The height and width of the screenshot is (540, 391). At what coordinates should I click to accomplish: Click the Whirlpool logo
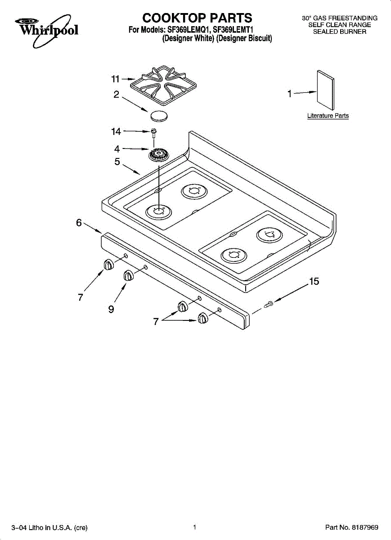point(47,30)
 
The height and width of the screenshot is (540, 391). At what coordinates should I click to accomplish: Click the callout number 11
point(116,79)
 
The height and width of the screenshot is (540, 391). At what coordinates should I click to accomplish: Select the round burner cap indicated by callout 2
point(159,116)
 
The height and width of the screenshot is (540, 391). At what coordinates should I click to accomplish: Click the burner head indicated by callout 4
point(159,155)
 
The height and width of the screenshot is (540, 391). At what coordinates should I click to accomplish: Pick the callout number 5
point(117,162)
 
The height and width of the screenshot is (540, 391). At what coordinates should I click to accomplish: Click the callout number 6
point(79,222)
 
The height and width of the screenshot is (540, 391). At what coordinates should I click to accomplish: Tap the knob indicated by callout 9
point(129,275)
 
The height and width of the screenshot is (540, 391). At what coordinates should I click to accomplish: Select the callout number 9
point(111,309)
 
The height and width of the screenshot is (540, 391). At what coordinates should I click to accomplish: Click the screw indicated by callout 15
point(269,304)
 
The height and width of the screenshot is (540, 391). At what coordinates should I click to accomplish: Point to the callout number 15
point(314,281)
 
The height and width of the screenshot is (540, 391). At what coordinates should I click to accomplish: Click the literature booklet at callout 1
point(326,90)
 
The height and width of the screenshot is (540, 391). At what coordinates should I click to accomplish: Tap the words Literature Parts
point(328,116)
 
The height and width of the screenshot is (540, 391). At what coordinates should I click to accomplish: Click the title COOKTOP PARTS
point(197,18)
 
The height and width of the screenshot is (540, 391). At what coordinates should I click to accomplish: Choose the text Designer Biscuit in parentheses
point(244,38)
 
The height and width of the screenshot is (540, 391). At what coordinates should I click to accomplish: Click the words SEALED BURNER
point(340,31)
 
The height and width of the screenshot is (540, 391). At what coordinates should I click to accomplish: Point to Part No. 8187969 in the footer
point(352,527)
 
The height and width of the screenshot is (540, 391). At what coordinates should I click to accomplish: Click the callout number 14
point(116,131)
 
